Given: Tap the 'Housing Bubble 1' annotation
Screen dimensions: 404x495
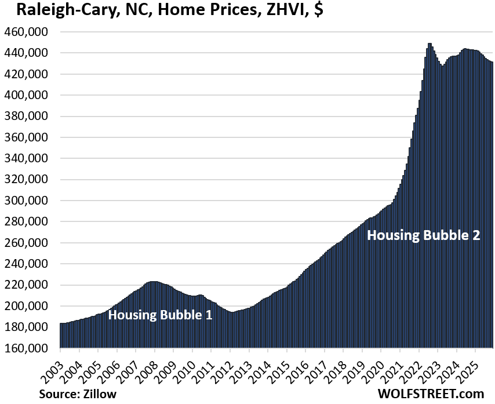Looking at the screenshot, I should click(x=160, y=315).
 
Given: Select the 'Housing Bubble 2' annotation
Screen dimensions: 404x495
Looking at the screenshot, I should click(x=424, y=235).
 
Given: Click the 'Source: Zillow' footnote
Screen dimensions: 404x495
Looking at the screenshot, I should click(x=78, y=394).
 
